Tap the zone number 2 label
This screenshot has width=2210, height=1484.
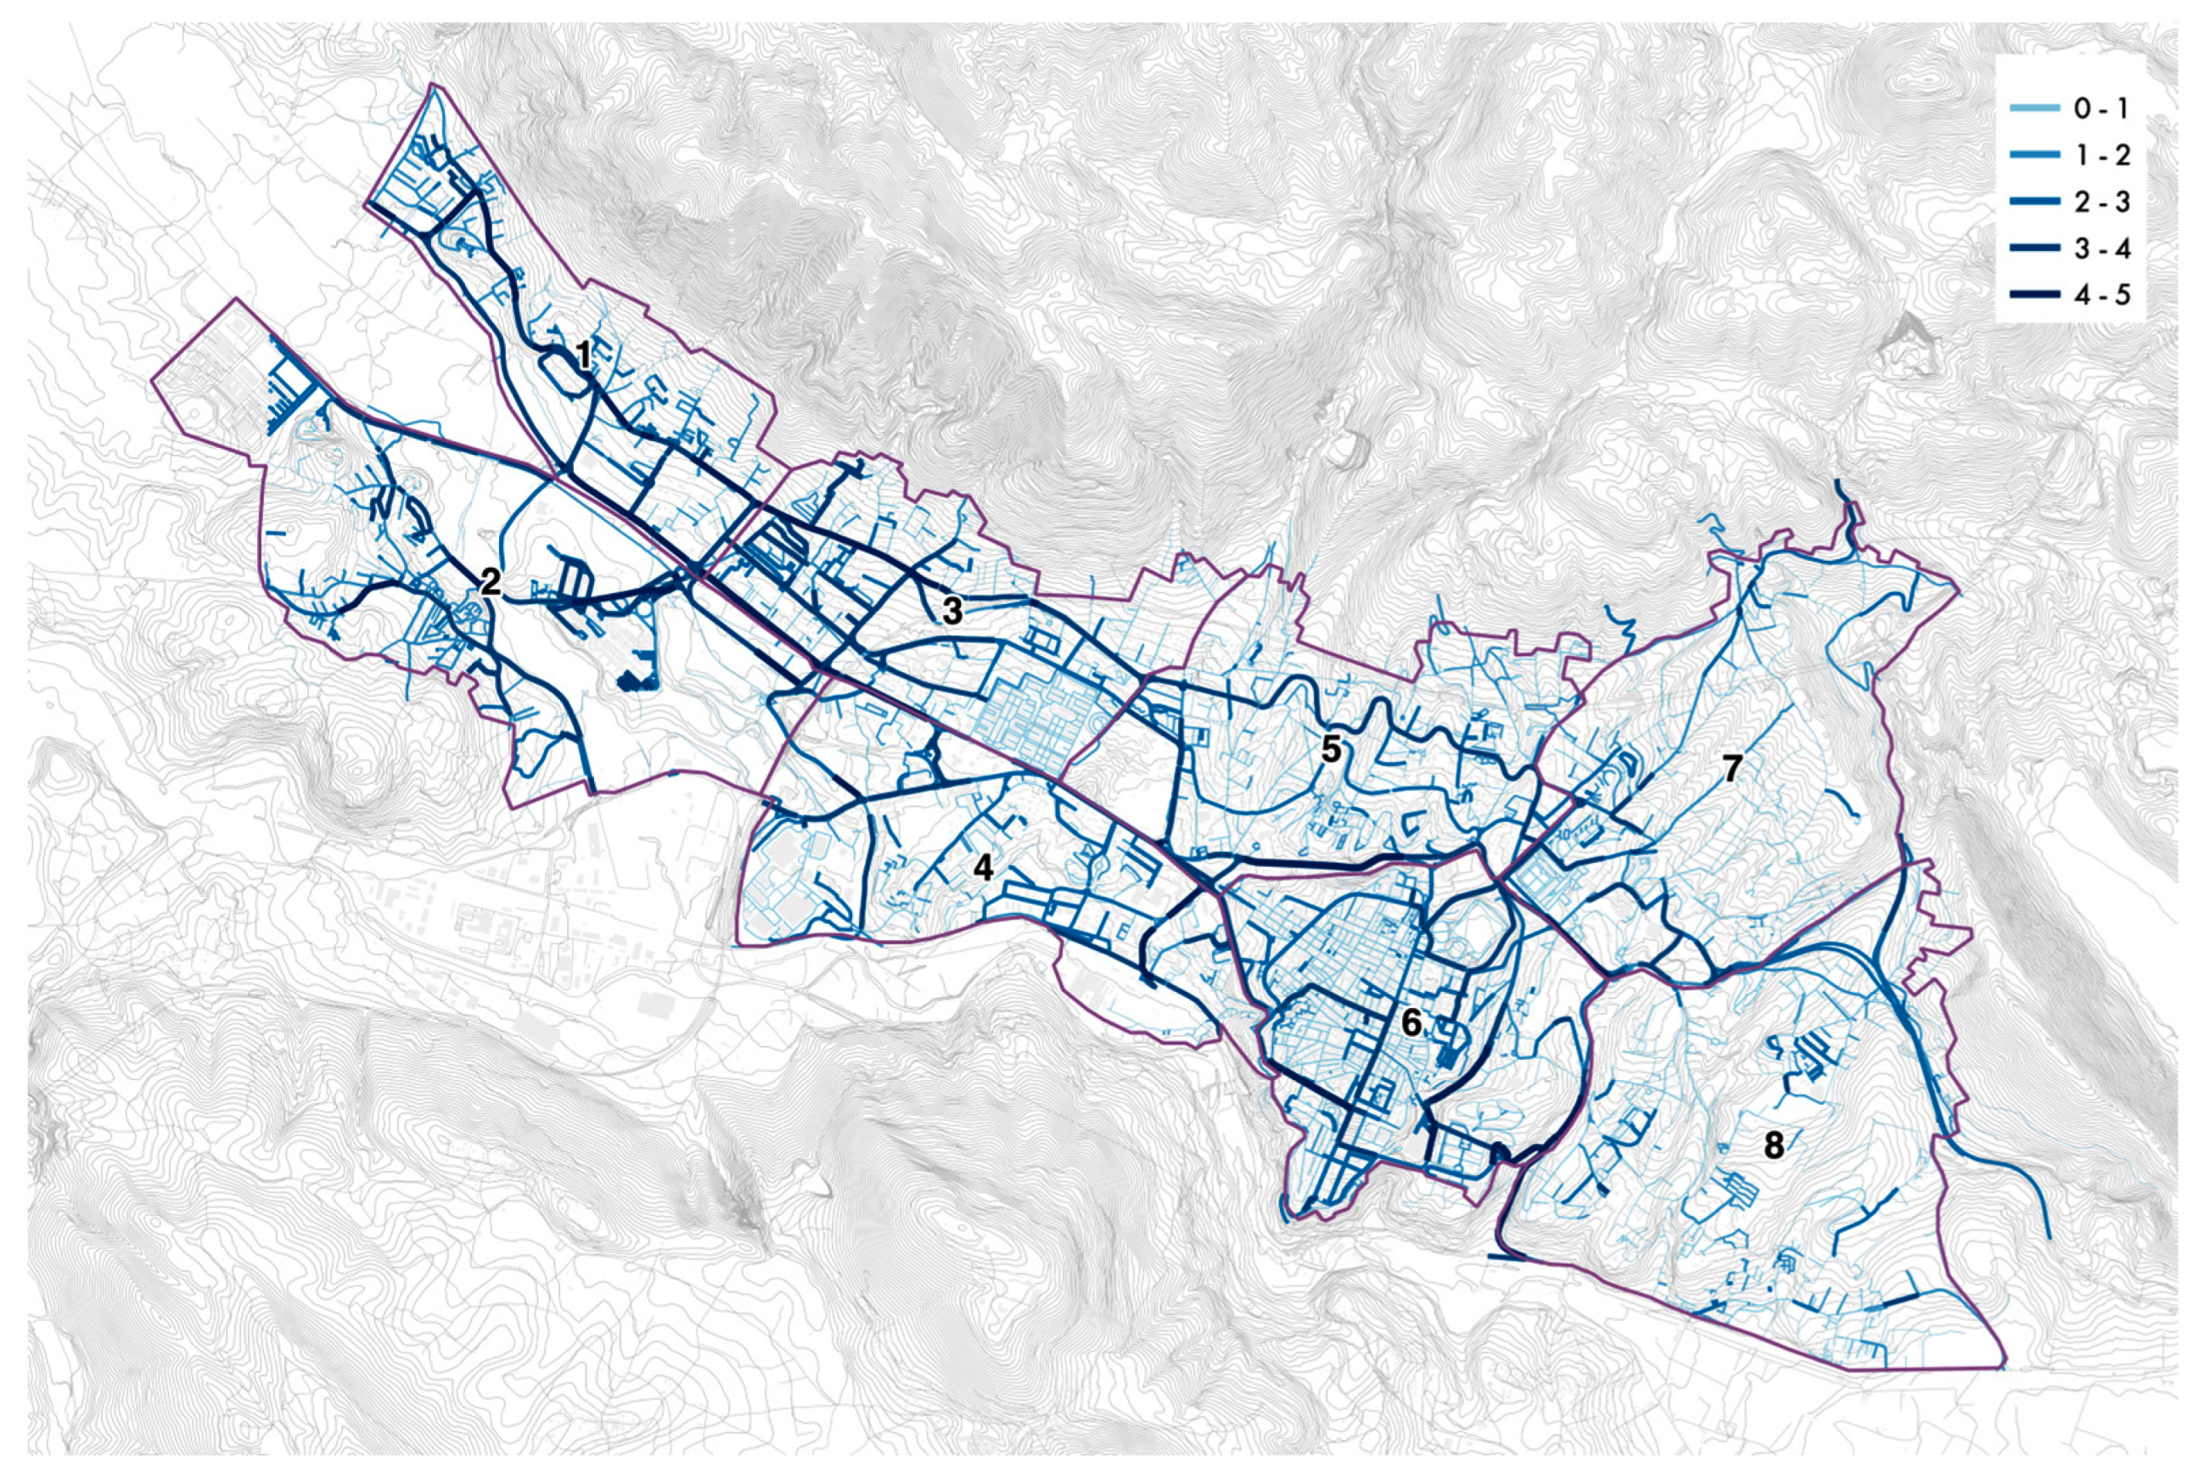point(490,582)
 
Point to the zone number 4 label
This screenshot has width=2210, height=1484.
point(984,868)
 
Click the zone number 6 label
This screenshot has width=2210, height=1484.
point(1411,1023)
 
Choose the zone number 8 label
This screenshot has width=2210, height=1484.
point(1773,1146)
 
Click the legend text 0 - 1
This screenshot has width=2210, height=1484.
point(2101,109)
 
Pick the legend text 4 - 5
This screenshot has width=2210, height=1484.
point(2101,296)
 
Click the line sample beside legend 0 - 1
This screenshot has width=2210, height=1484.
point(2036,109)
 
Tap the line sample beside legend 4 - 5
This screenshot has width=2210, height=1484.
point(2036,296)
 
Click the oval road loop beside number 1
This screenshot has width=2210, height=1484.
point(559,371)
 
